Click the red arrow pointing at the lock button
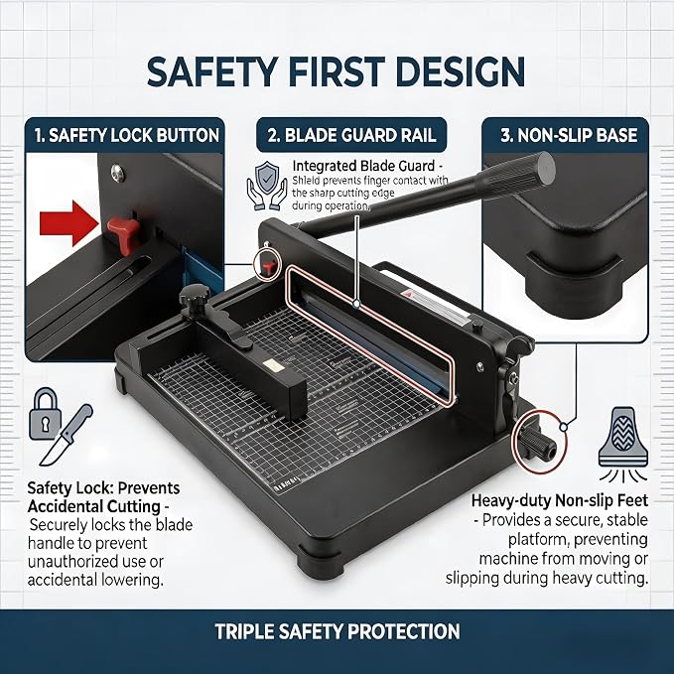68,223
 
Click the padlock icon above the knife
45,414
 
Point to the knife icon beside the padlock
66,435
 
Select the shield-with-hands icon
266,186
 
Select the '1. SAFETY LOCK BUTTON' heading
127,135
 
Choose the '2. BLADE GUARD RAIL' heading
351,135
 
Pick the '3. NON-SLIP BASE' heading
569,135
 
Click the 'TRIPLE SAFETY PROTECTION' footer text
337,631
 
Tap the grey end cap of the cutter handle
543,169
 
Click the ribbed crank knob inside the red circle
539,443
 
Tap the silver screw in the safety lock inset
117,173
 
